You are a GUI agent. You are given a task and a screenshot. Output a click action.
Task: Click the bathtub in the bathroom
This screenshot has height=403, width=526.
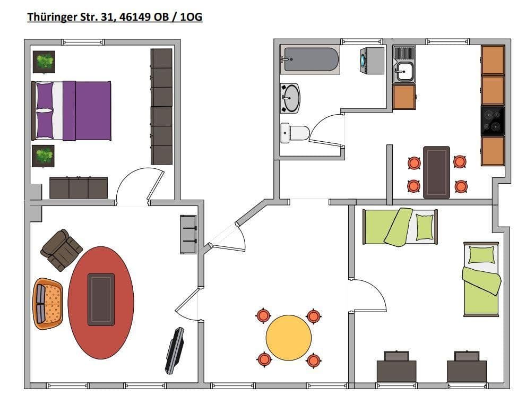click(311, 59)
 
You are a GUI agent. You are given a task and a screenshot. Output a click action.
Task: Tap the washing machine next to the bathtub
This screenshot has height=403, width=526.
click(372, 60)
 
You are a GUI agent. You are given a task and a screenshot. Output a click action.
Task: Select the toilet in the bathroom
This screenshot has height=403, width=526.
click(295, 132)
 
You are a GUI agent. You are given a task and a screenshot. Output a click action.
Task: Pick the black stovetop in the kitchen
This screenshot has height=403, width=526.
click(493, 121)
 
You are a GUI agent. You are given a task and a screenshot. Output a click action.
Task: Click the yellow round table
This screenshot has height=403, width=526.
click(288, 338)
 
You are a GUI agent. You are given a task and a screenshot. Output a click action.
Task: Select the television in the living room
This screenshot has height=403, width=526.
click(175, 350)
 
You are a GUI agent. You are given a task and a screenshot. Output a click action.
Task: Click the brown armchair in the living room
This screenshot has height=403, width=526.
click(62, 250)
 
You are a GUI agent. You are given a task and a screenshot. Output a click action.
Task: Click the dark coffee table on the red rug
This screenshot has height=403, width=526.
click(101, 299)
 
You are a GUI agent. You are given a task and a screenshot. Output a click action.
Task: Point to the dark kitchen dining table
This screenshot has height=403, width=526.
click(436, 172)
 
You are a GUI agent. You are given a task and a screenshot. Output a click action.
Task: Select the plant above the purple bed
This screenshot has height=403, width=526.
click(44, 62)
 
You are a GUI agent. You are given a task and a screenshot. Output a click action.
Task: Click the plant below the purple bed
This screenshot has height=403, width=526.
click(43, 156)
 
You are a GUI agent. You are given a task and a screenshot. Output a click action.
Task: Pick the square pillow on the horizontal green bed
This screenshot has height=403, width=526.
click(425, 227)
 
